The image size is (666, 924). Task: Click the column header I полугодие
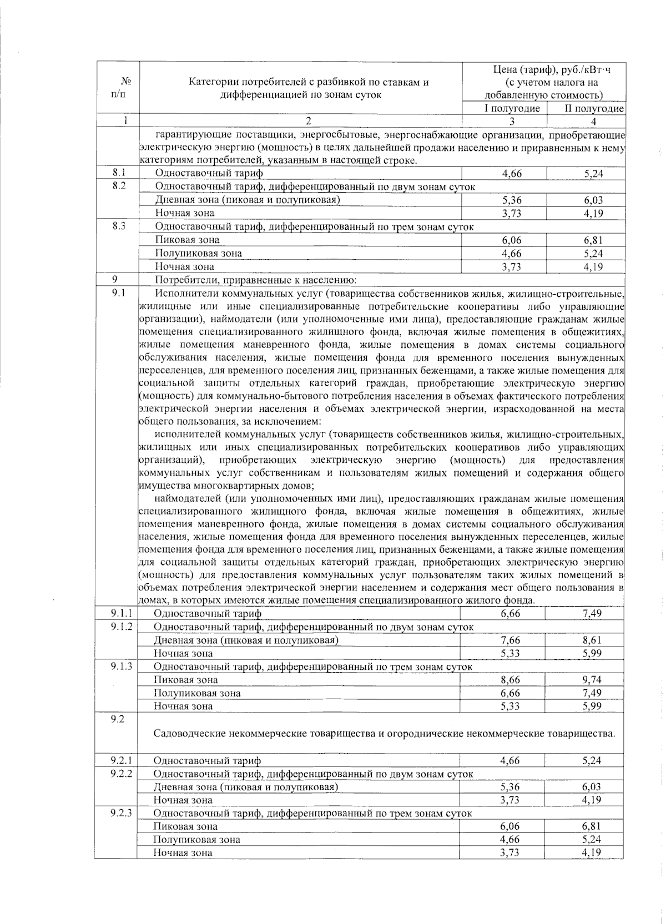[x=511, y=108]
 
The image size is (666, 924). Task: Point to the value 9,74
[x=592, y=679]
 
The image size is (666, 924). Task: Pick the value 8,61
[x=592, y=640]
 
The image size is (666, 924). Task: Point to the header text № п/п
[x=118, y=88]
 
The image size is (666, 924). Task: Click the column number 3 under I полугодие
[x=511, y=122]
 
